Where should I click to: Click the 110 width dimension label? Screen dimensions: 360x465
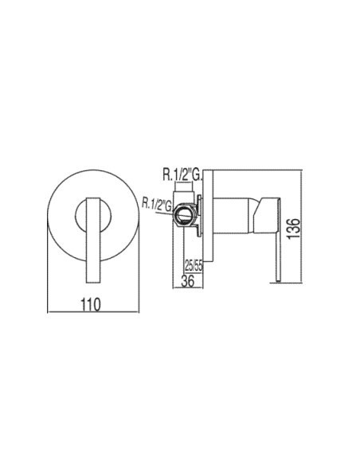click(91, 305)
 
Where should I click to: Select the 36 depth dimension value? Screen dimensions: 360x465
click(188, 280)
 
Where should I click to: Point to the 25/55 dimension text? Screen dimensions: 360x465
click(194, 266)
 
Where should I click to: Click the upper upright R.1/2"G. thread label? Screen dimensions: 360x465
click(182, 174)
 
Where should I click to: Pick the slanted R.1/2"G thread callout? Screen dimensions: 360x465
click(157, 205)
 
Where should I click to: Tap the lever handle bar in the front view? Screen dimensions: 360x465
click(93, 240)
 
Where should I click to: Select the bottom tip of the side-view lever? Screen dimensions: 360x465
click(278, 281)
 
